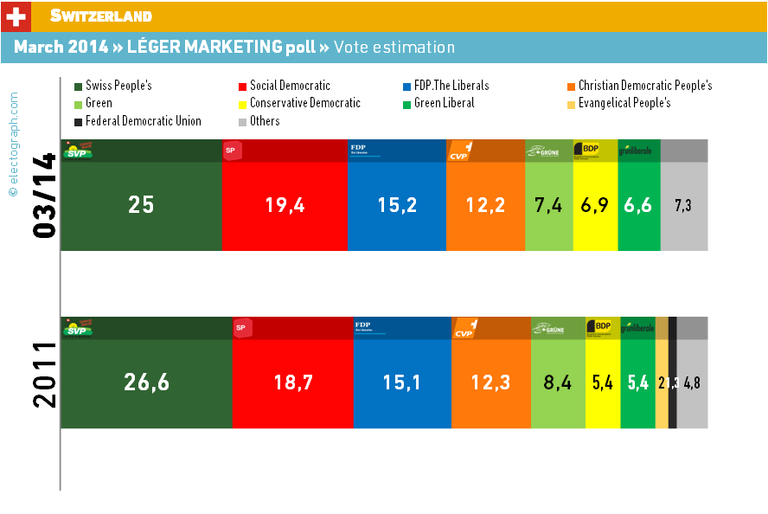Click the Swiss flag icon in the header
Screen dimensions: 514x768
pos(16,16)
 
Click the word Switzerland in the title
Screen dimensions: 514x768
pos(101,16)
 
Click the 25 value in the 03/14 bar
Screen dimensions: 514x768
pos(141,205)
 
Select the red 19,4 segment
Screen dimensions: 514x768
pos(285,205)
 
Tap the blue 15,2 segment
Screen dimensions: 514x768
pos(397,205)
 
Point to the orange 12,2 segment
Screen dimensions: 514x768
pos(486,205)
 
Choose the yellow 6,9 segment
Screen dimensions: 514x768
pos(595,205)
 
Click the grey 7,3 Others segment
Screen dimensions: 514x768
pos(684,205)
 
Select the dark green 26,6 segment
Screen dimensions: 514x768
pos(146,382)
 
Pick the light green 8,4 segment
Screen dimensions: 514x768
pos(558,382)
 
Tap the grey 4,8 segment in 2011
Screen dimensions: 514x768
pos(692,382)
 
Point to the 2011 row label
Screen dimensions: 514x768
pos(44,374)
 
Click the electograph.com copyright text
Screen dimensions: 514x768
pos(13,145)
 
